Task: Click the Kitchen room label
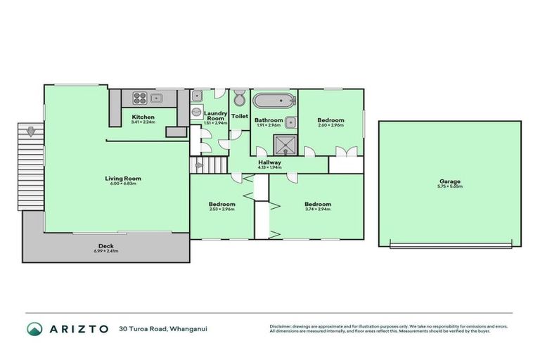(143, 117)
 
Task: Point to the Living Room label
(117, 178)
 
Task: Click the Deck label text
(106, 246)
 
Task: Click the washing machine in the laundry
(197, 112)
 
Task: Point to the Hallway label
(269, 162)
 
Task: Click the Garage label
(451, 181)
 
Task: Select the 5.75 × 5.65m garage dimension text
(451, 186)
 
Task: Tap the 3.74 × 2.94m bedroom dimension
(318, 209)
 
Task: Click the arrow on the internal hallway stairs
(199, 165)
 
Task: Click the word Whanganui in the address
(188, 328)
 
